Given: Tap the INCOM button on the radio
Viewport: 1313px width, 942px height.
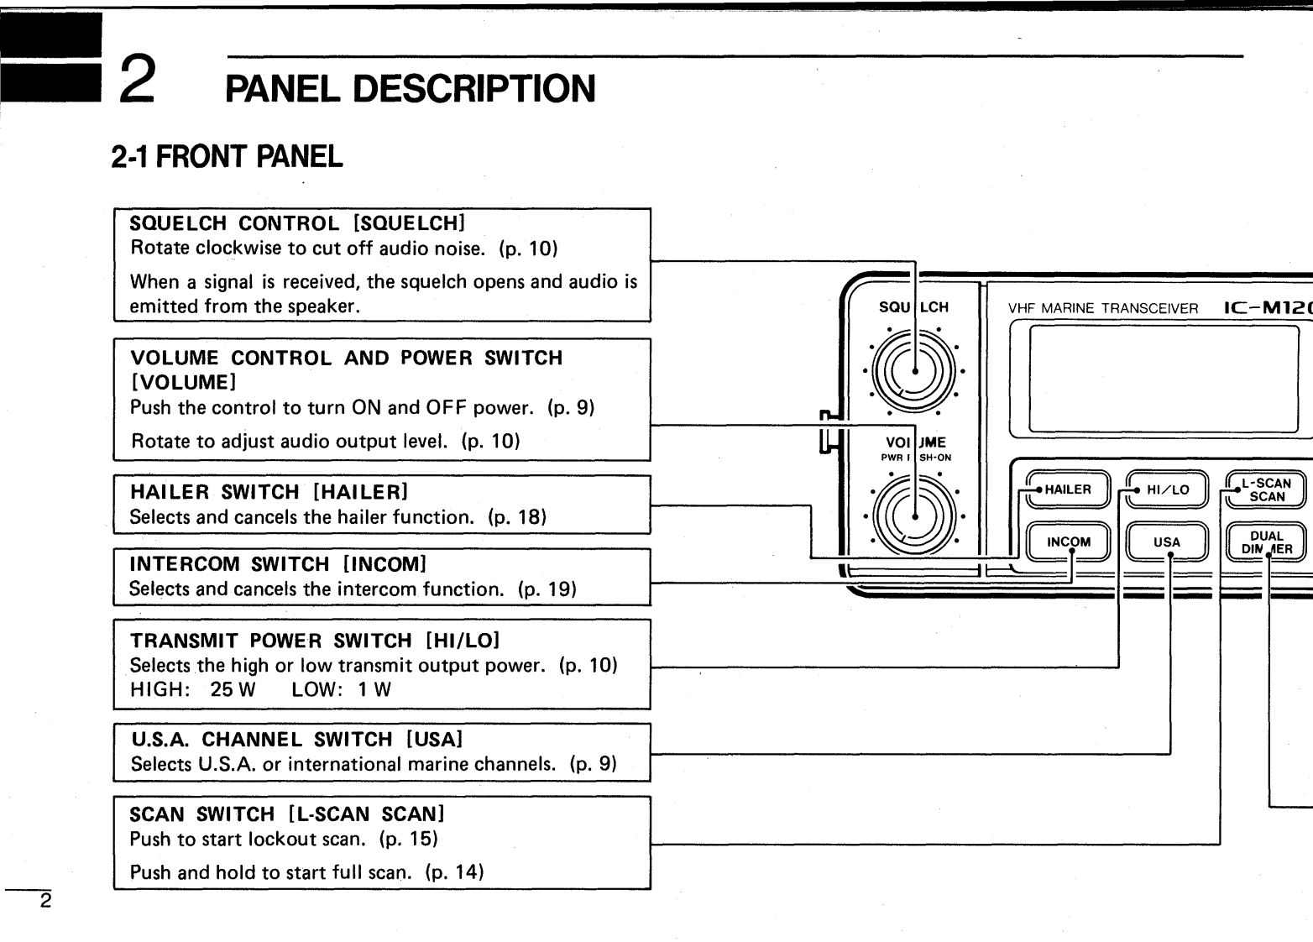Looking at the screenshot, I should coord(1068,542).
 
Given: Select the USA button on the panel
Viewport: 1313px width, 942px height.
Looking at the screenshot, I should coord(1166,542).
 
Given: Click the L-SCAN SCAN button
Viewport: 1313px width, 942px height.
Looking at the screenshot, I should coord(1266,489).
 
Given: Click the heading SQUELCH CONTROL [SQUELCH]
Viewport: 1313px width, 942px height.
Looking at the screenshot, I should coord(296,223).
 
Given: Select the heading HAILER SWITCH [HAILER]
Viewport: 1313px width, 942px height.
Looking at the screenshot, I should coord(269,492).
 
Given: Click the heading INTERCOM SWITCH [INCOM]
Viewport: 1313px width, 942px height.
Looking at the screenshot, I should coord(278,564).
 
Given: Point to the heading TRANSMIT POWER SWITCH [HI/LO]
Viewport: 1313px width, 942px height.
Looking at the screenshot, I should coord(315,641).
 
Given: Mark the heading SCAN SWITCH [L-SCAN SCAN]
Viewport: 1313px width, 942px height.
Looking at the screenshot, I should coord(286,814).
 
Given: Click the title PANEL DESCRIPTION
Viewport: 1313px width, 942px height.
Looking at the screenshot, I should coord(411,88).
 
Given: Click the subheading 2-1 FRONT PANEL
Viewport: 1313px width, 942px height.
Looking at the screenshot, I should coord(227,156).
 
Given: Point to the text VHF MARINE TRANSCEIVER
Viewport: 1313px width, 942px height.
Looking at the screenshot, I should coord(1102,308).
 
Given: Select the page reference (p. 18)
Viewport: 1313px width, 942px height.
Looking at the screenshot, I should coord(517,517).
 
